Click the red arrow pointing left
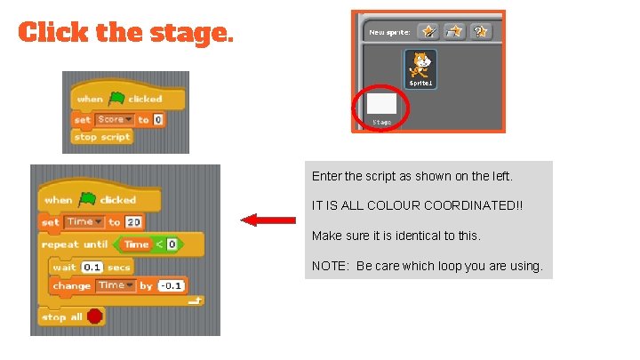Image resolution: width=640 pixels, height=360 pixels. point(269,220)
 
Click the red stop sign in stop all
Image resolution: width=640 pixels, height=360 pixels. point(95,316)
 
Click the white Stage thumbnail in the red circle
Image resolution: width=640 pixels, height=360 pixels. point(381,104)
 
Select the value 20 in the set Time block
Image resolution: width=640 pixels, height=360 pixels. point(133,221)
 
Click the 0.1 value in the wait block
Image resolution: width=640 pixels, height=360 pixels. point(92,267)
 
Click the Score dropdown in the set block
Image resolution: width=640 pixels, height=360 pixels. point(114,119)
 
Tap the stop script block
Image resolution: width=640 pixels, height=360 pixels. point(102,137)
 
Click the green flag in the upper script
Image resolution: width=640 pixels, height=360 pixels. point(116,99)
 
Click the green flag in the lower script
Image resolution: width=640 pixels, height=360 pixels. point(87,198)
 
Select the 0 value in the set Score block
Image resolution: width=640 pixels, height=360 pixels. point(158,119)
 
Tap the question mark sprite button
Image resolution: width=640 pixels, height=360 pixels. point(481,31)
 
